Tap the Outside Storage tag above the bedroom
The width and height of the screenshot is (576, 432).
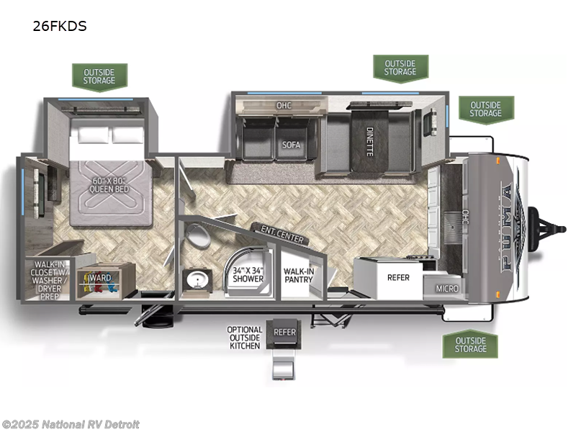click(99, 76)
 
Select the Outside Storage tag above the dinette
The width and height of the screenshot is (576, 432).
click(400, 67)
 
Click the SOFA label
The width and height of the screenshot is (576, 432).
click(290, 144)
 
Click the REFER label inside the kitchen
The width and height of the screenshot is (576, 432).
click(398, 277)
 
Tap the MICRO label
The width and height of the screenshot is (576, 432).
click(447, 288)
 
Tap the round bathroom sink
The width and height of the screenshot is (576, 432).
click(195, 279)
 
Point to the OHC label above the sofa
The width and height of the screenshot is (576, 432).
click(283, 105)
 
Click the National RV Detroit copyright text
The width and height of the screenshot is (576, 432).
click(71, 424)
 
